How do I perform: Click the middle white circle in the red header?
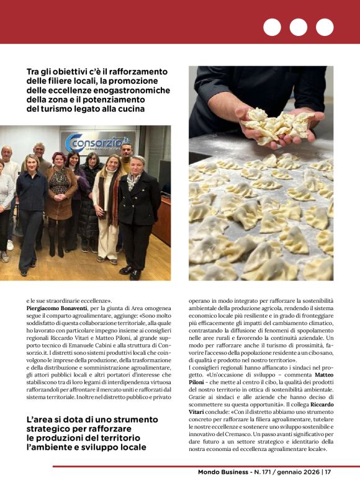[298, 27]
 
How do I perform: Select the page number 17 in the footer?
[328, 472]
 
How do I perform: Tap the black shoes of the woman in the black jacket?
[130, 272]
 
